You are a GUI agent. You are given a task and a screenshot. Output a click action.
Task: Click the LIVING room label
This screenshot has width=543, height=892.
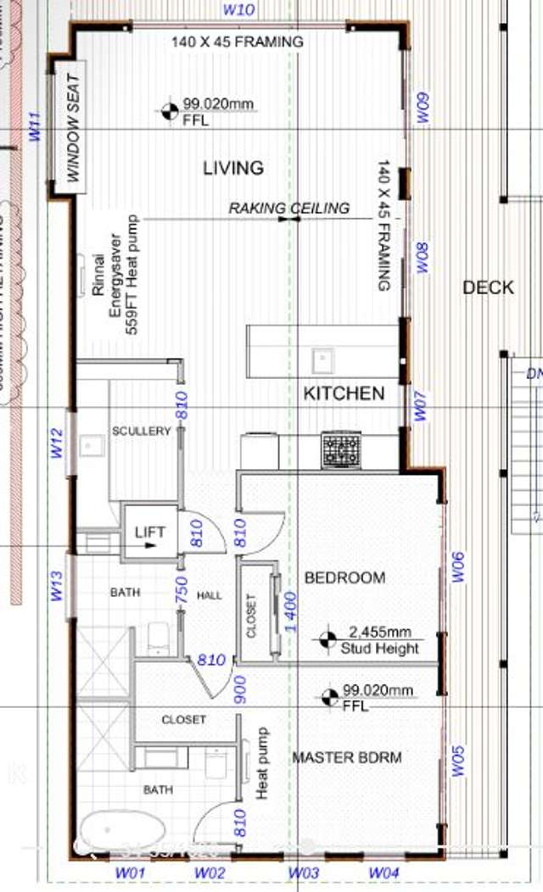233,168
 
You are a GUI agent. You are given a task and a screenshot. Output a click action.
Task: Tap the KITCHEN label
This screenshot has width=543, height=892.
344,393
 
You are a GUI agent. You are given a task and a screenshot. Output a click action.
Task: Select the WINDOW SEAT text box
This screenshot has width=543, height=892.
73,128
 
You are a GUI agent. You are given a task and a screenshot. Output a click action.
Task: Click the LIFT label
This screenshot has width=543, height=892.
149,532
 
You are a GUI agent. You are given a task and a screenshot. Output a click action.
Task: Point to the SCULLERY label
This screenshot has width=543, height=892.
142,432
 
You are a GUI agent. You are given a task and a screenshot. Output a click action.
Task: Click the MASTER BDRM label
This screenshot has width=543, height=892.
346,757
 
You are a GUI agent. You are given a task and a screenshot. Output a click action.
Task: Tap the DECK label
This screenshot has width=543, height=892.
488,287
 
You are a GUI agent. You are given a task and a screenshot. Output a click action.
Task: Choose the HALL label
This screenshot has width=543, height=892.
209,595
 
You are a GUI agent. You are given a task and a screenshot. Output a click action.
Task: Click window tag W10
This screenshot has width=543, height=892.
239,10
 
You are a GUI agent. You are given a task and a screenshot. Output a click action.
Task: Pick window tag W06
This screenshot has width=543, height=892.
457,567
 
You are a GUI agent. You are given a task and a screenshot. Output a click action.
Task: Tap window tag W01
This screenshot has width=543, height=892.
132,872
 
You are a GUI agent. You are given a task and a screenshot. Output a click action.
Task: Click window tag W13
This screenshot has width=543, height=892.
57,586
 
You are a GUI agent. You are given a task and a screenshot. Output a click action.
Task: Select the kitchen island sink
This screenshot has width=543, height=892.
322,360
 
